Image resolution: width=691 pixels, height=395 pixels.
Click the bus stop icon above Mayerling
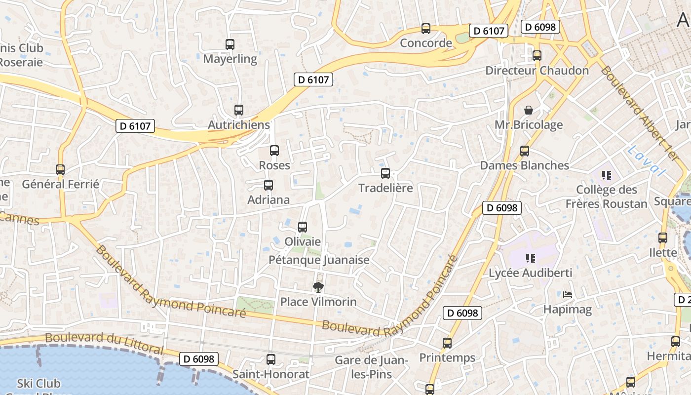[x=230, y=44]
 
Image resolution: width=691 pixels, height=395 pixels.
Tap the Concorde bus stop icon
[x=426, y=29]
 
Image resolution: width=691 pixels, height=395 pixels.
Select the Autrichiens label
[x=239, y=125]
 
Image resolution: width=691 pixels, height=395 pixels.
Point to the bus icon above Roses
[x=274, y=151]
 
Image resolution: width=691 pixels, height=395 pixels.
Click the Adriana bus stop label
[x=269, y=200]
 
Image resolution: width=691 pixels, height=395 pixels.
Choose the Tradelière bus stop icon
[x=385, y=173]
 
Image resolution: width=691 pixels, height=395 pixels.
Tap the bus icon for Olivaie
[x=303, y=227]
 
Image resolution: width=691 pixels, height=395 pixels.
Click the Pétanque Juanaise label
[x=319, y=260]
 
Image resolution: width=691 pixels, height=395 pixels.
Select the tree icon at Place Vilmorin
[x=318, y=287]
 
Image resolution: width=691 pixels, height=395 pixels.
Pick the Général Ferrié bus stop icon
[x=60, y=170]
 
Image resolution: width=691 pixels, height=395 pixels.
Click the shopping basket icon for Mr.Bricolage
[x=529, y=110]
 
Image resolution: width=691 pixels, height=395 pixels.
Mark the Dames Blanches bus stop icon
[x=525, y=151]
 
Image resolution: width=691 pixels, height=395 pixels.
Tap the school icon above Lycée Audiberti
[x=531, y=258]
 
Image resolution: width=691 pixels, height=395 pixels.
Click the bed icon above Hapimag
[x=568, y=295]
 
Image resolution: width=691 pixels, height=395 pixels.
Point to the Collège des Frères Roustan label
[x=606, y=197]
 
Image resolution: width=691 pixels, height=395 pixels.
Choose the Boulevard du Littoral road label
[x=104, y=342]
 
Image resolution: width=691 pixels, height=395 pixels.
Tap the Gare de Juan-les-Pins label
[x=372, y=367]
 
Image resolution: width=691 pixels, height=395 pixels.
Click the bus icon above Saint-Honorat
[x=271, y=359]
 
